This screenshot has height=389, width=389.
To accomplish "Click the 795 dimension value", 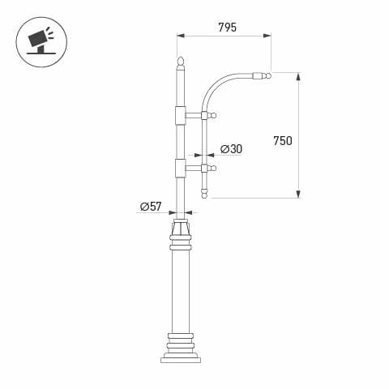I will point(227,28).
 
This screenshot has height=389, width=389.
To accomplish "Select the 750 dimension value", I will point(282,140).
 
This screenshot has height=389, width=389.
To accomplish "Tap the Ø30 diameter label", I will point(231,149).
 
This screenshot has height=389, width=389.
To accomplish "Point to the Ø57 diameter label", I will point(151,207).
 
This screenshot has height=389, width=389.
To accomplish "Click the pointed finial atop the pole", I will point(181,62).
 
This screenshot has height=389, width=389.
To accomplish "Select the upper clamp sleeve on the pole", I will point(180,116).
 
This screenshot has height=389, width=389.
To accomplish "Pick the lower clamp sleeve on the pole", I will point(180,169).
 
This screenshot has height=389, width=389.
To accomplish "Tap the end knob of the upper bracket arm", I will point(214,116).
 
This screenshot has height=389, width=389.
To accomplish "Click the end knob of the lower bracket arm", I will point(214,169).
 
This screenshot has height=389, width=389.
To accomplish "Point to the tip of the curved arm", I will point(268,76).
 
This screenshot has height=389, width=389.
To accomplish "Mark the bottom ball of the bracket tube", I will point(204,195).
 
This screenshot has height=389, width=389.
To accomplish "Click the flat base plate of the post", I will point(180,360).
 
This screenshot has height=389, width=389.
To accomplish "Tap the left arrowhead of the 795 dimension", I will point(181,36).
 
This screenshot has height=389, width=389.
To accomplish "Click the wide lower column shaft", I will point(180,292).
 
